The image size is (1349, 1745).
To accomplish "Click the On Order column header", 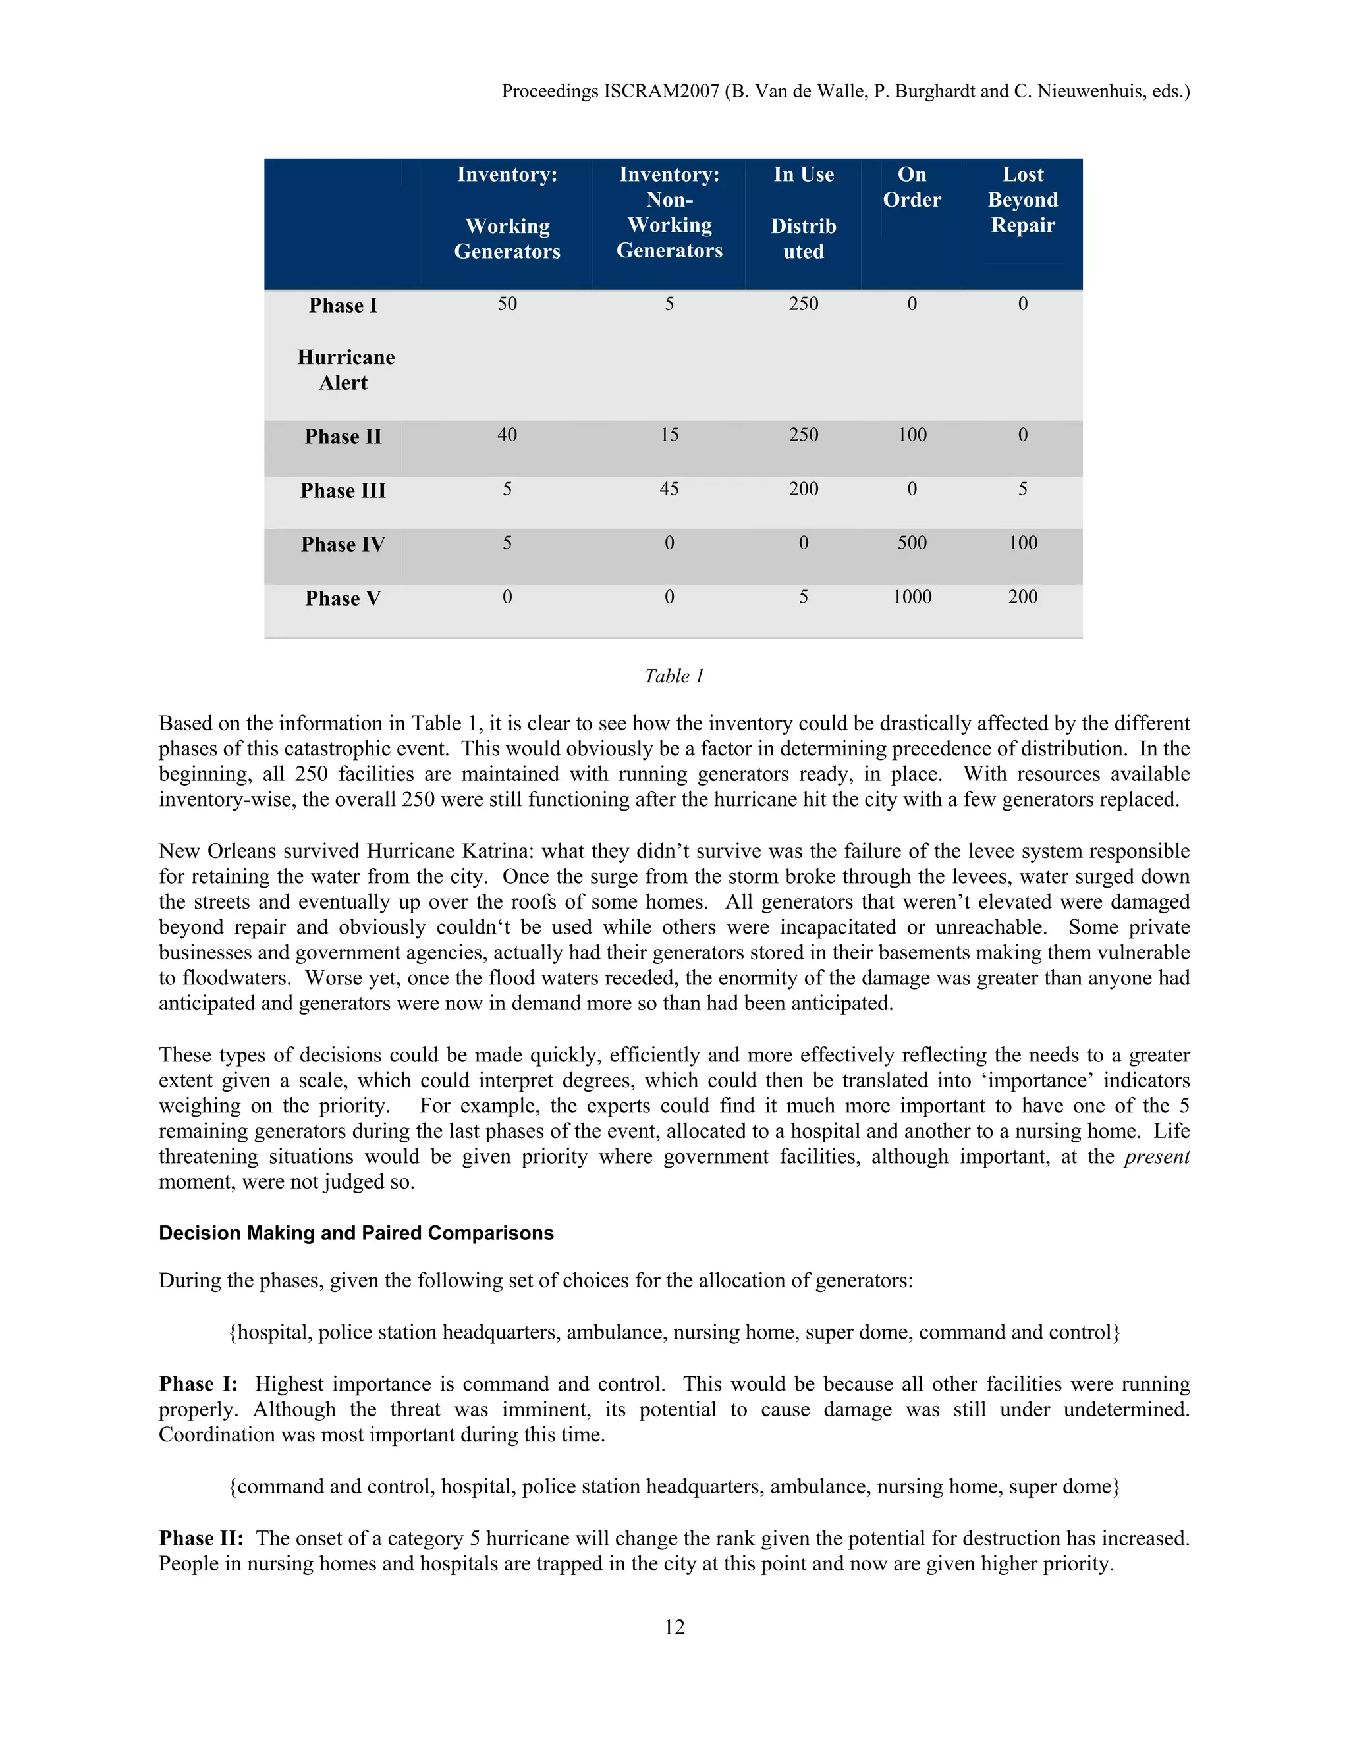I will tap(912, 187).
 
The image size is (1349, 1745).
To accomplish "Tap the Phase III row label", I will tap(343, 491).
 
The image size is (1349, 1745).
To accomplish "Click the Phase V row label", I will tap(343, 599).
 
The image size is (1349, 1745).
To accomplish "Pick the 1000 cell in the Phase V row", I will tap(912, 597).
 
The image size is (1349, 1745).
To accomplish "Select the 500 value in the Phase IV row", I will tap(912, 543).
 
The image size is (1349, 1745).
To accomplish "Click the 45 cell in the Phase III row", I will tap(669, 489).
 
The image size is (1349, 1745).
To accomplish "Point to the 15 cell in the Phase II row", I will tap(669, 435).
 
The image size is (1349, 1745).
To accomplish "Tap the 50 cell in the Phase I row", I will tap(507, 304).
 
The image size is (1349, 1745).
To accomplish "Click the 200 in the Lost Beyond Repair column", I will tap(1023, 597).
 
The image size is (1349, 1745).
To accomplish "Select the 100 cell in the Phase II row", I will tap(912, 435).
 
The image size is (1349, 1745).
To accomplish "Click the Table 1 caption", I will tap(674, 676).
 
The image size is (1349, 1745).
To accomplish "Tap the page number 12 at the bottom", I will tap(674, 1628).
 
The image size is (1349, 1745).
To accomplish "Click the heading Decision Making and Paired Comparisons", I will tap(356, 1233).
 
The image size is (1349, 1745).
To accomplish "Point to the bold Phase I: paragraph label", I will tap(198, 1385).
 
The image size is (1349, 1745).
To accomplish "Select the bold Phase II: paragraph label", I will tap(201, 1539).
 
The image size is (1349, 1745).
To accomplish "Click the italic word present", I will tap(1157, 1157).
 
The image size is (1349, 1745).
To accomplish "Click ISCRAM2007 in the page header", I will tap(661, 91).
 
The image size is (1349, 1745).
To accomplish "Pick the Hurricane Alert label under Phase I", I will tap(345, 370).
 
